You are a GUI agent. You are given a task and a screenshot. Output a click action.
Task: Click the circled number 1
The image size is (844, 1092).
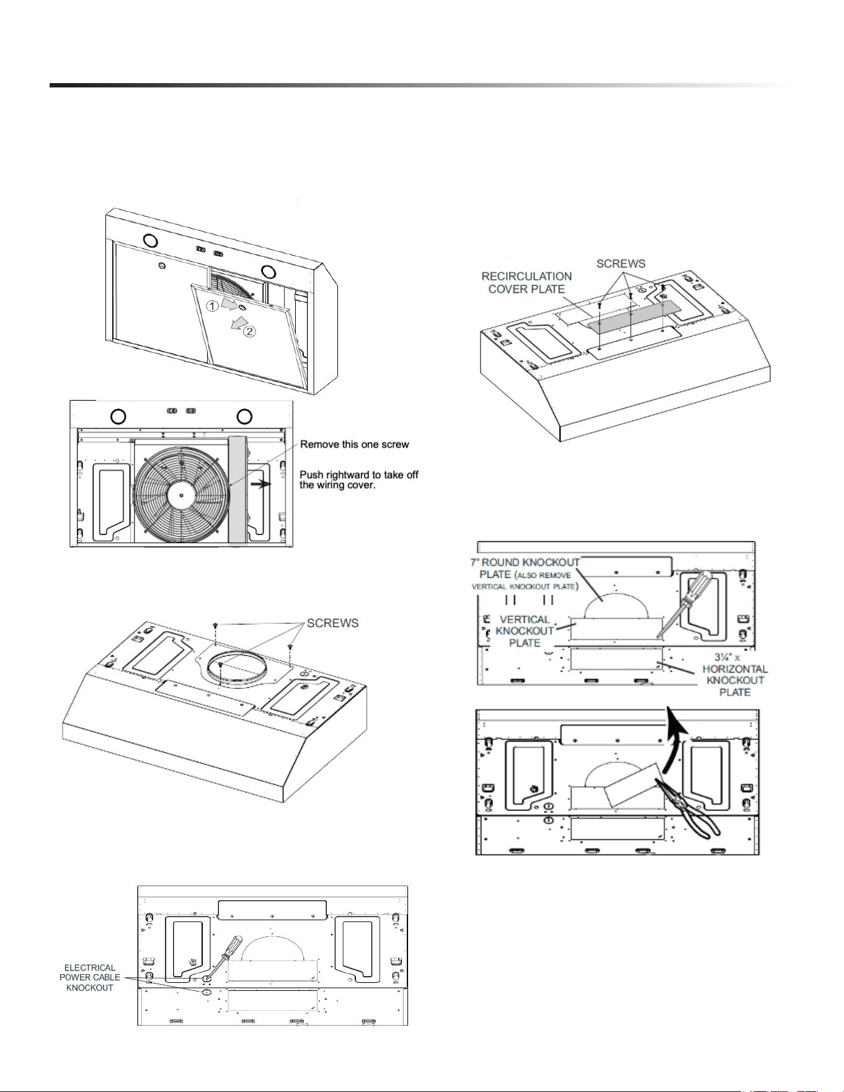[212, 306]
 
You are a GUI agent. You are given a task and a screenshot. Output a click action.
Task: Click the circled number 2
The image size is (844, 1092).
[249, 331]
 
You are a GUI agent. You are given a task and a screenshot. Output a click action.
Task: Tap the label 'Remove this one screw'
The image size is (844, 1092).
[355, 445]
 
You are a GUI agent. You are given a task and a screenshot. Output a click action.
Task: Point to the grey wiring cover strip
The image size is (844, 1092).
[238, 490]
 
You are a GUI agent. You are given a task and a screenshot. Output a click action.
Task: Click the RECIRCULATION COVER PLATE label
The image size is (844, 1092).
[526, 283]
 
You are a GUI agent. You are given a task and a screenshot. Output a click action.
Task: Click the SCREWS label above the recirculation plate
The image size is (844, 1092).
[621, 264]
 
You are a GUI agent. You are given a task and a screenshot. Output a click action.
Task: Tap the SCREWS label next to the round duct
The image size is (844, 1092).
[333, 623]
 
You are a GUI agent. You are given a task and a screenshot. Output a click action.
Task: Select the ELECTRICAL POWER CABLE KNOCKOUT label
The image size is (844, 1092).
[90, 978]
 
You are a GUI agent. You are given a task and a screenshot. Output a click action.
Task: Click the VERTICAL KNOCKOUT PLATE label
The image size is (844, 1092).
[524, 631]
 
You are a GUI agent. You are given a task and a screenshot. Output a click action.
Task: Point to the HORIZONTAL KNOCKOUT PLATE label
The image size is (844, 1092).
[735, 675]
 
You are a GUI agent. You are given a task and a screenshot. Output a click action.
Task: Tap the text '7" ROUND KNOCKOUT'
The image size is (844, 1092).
[525, 562]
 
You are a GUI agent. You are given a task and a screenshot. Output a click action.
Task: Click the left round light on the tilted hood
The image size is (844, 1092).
[150, 240]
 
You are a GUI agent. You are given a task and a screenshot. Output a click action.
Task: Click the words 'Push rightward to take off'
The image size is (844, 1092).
[359, 475]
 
